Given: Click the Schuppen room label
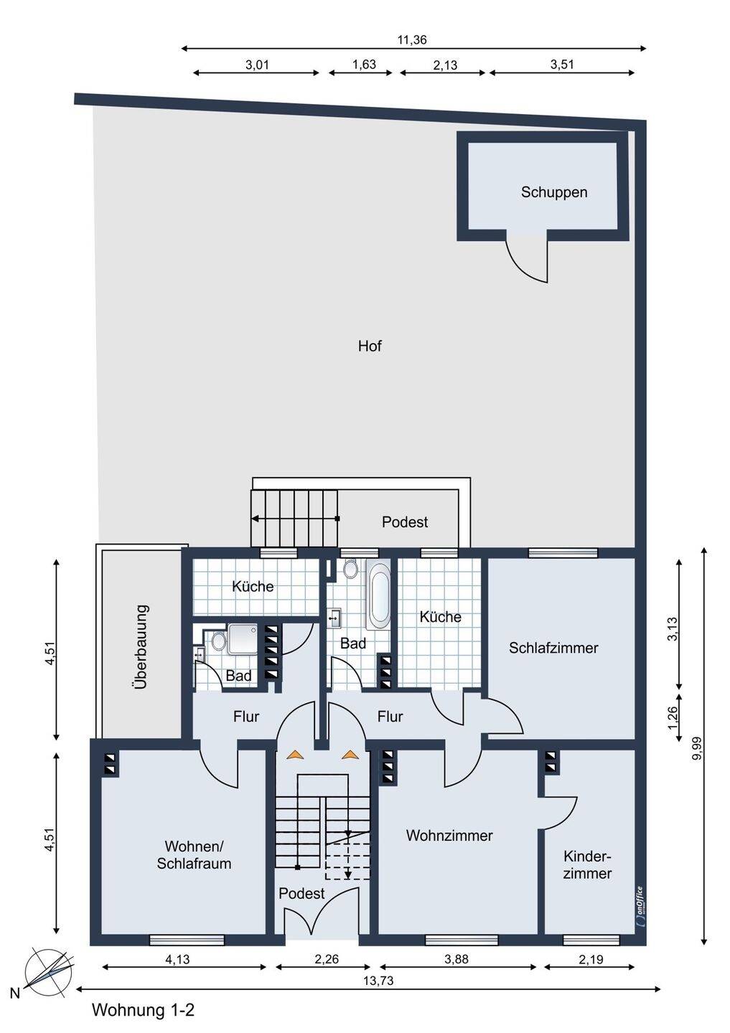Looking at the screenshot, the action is (553, 192).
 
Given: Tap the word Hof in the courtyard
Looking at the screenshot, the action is (370, 346).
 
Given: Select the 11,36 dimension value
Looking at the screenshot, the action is (412, 40).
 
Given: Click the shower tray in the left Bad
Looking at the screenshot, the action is (243, 638).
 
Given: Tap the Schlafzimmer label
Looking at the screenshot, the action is (553, 648).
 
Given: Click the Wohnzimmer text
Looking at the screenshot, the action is (449, 836).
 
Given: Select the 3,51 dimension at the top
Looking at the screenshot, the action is (562, 65).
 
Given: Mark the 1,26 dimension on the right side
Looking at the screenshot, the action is (673, 717).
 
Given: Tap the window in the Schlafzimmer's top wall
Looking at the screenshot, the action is (563, 553).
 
